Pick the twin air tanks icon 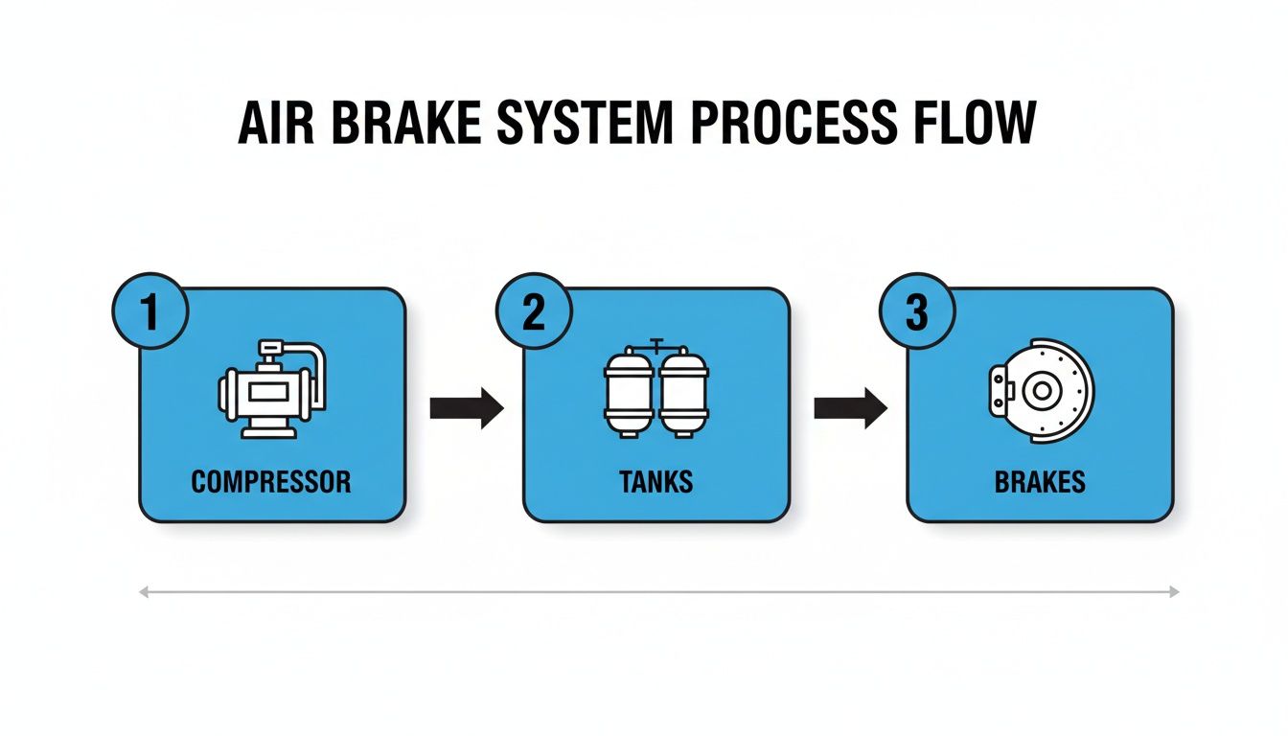pos(656,390)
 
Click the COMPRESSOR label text pos(271,481)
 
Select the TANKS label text pos(656,481)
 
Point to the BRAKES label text pos(1040,481)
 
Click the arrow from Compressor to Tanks pos(466,408)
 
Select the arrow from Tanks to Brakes pos(850,408)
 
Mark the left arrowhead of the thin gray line pos(144,592)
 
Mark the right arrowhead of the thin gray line pos(1174,592)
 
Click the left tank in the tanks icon pos(629,393)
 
